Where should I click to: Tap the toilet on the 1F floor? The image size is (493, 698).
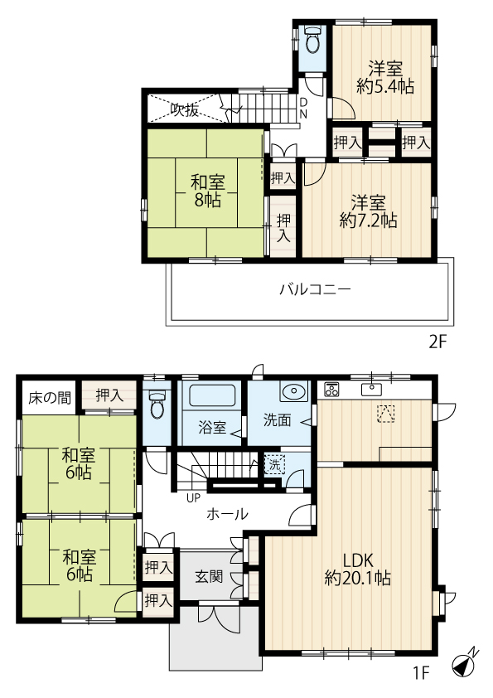coord(157,404)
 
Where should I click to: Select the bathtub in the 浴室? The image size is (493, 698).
coord(212,395)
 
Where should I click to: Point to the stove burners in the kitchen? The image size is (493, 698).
coord(331,390)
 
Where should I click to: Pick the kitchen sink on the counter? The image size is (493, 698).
coord(371,390)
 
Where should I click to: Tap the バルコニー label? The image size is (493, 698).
coord(315,290)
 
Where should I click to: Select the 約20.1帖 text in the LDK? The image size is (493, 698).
coord(358,579)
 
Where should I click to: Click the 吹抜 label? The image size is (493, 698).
coord(185,110)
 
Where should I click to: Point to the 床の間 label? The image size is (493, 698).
coord(50,398)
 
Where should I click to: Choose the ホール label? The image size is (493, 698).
coord(227,514)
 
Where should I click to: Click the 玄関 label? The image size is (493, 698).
coord(209,576)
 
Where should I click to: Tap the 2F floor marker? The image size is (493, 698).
coord(437,342)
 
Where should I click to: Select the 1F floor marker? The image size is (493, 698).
coord(421,672)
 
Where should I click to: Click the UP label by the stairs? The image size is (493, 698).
coord(194,497)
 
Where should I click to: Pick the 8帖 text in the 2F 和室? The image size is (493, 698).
coord(207,201)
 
